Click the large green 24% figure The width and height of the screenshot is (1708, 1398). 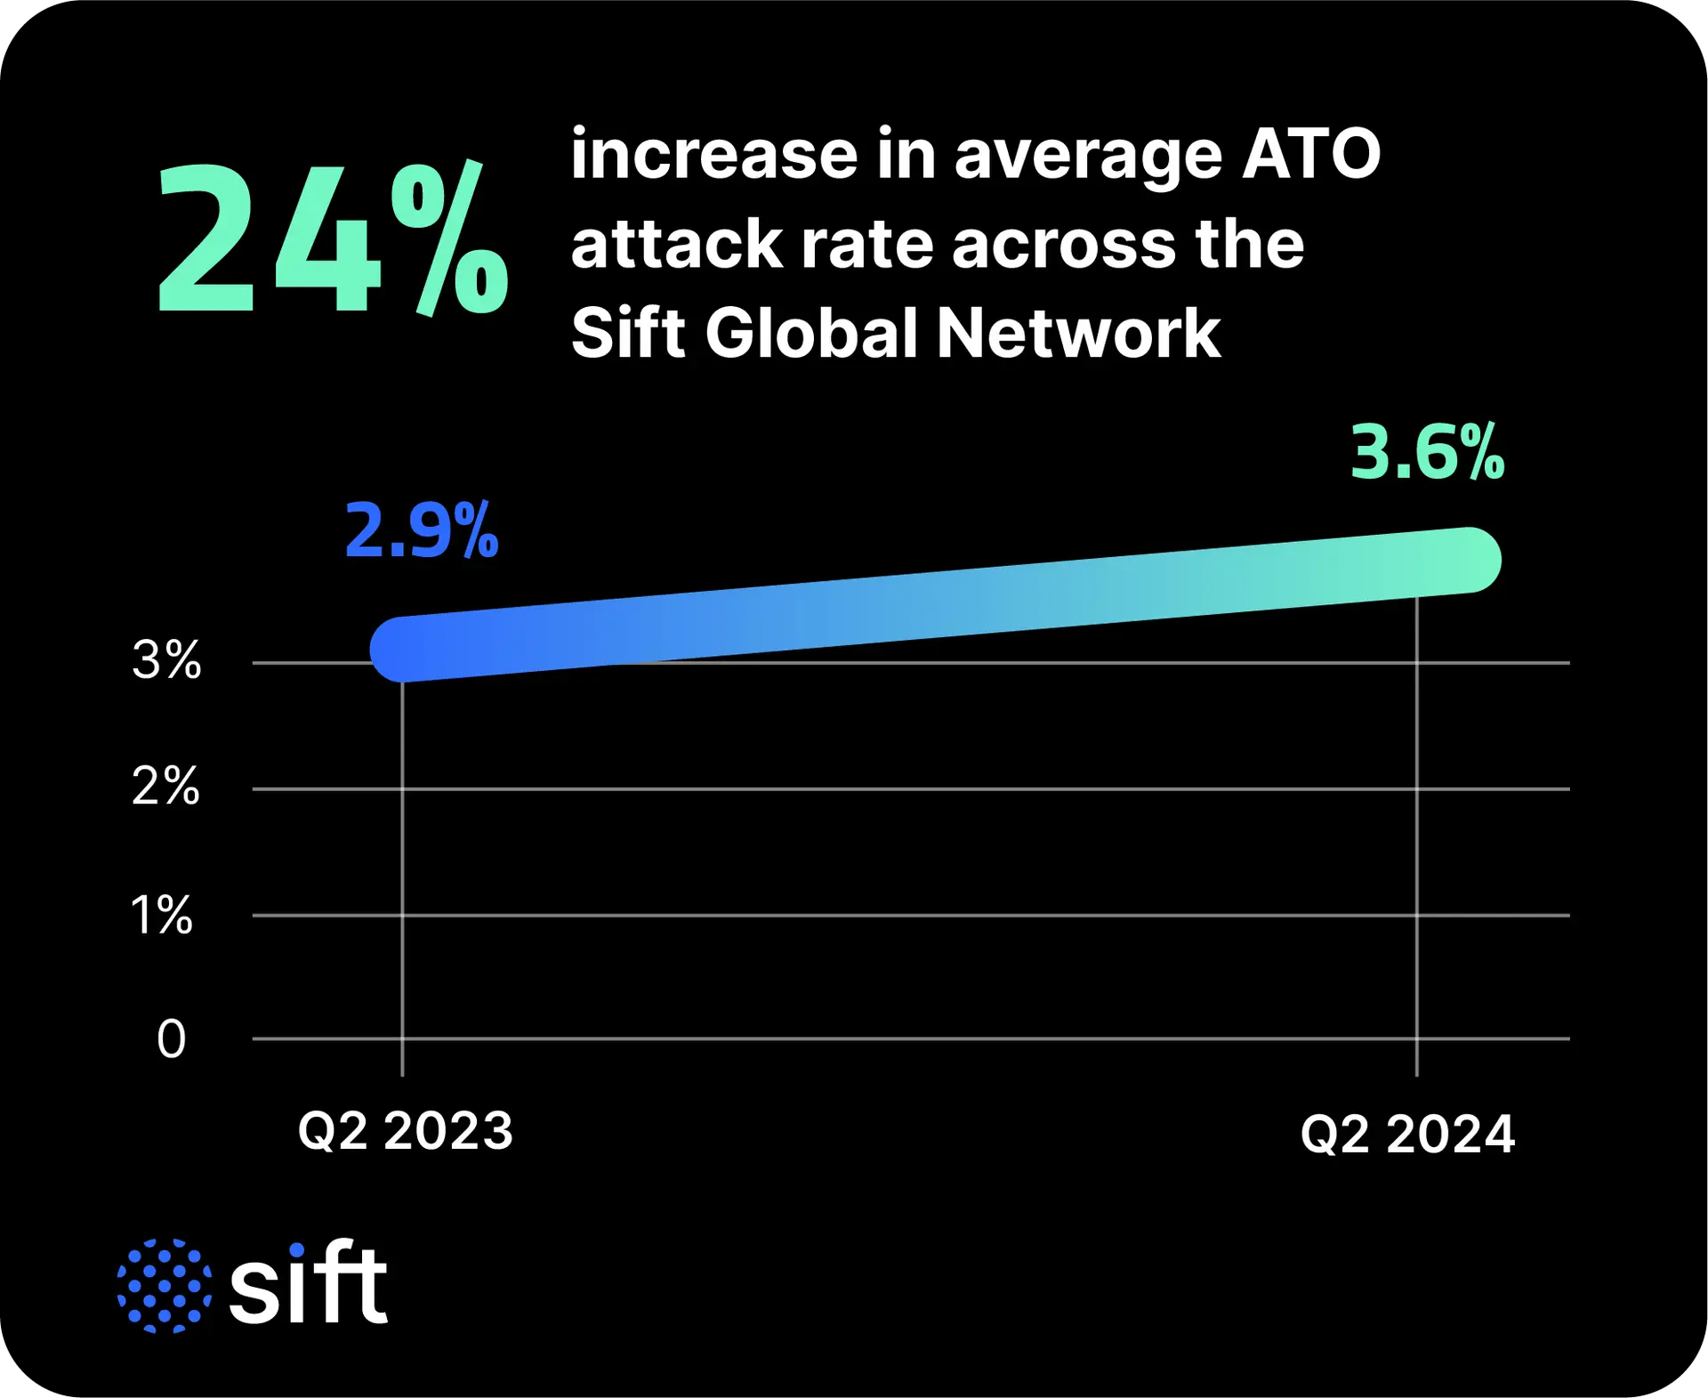333,238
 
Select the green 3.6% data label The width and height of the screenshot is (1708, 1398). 1427,453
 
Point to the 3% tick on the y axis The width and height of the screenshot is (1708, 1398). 166,660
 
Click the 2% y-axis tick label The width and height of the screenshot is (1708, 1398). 166,787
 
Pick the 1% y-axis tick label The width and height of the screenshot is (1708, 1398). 162,915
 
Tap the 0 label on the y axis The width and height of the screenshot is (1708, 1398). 172,1038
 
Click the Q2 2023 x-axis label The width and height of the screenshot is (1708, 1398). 406,1131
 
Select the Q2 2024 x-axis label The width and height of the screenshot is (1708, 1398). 1407,1135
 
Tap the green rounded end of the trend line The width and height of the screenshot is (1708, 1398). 1470,560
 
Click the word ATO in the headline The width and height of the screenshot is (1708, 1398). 1310,154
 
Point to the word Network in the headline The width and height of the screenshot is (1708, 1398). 1078,334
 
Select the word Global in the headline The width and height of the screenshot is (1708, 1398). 811,334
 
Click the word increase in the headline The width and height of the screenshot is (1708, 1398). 714,154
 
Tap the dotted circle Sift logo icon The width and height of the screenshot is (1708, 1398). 165,1285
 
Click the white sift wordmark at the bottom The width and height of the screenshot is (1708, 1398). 308,1283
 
